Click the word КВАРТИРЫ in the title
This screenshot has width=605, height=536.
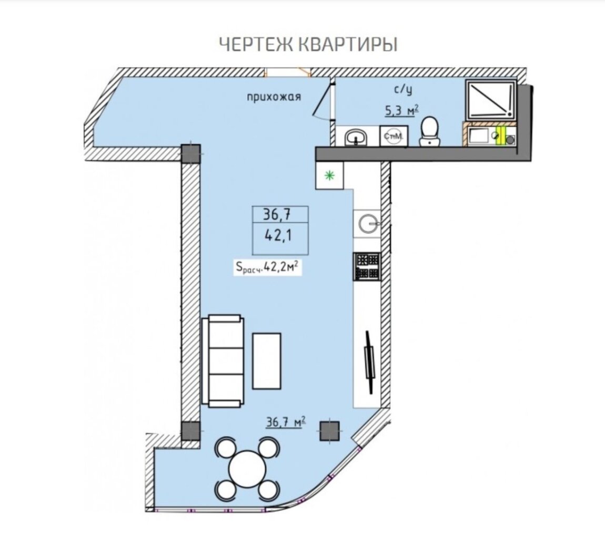click(348, 45)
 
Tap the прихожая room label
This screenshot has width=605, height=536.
click(274, 97)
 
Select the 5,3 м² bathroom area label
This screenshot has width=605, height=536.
click(401, 111)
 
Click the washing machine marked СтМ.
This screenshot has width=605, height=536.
click(394, 136)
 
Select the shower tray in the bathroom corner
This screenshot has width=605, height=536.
click(491, 99)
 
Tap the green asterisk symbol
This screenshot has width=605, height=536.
click(329, 176)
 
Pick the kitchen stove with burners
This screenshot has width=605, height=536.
click(367, 266)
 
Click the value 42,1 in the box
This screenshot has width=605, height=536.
click(278, 235)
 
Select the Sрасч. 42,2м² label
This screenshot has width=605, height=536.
click(267, 266)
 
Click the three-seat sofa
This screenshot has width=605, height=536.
click(223, 360)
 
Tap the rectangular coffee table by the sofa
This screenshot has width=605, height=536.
click(267, 361)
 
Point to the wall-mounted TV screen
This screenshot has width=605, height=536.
click(369, 362)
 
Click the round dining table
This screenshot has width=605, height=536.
click(247, 469)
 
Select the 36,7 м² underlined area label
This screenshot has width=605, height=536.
click(286, 422)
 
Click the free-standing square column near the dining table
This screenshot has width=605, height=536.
click(330, 431)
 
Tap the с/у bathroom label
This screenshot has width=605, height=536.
click(403, 89)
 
